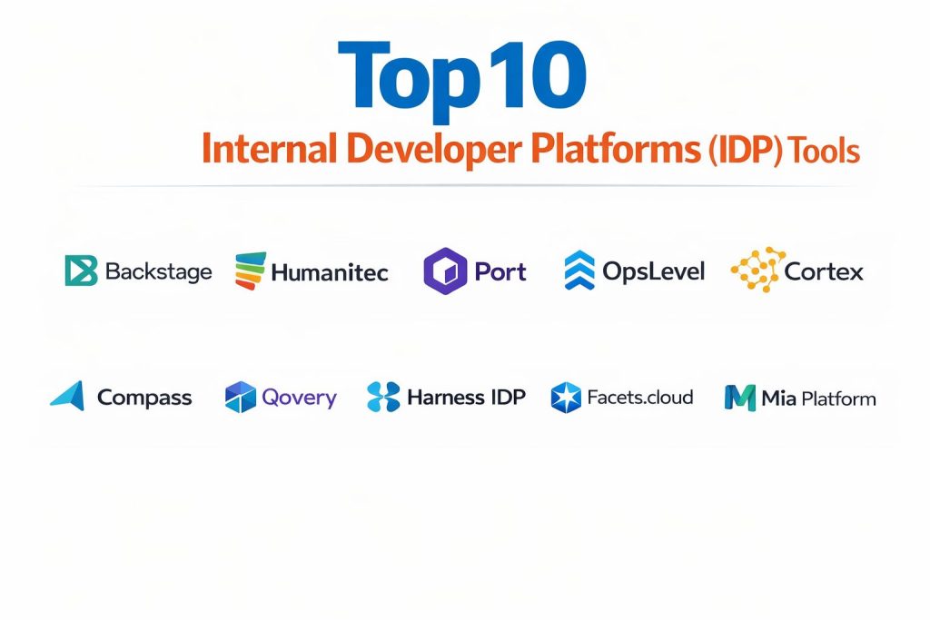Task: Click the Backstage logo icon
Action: tap(81, 271)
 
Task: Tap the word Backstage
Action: tap(158, 272)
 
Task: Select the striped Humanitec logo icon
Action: tap(251, 271)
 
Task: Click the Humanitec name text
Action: tap(329, 272)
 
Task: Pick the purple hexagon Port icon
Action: tap(445, 271)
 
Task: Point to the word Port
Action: tap(500, 272)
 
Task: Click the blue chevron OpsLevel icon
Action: tap(579, 270)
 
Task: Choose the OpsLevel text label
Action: tap(653, 272)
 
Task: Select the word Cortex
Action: tap(823, 272)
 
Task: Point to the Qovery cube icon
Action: tap(240, 397)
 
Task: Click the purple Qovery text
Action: tap(299, 398)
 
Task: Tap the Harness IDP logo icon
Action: tap(383, 397)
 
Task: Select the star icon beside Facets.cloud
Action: tap(566, 397)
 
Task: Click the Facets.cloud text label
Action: tap(640, 397)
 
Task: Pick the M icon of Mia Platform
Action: tap(739, 398)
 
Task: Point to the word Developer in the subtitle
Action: tap(434, 149)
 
